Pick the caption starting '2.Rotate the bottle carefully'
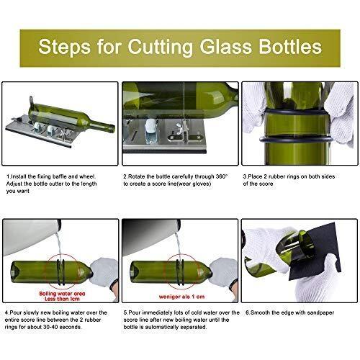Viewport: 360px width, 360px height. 176,179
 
